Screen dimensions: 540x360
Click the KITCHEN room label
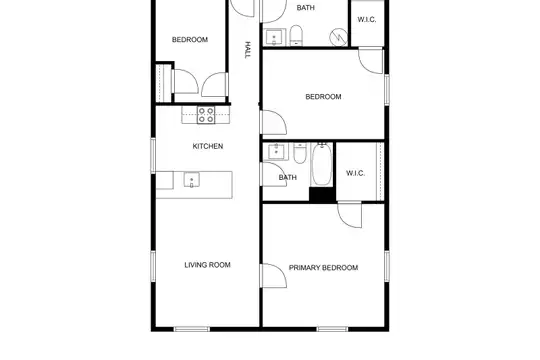208,146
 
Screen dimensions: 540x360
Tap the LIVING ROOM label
207,265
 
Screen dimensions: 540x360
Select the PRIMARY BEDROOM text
323,268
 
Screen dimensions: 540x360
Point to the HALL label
247,50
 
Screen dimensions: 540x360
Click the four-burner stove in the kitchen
206,115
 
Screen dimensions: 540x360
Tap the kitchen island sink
191,180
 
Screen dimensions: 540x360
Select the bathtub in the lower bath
322,165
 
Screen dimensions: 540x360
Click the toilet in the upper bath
296,35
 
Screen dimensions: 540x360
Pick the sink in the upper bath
274,37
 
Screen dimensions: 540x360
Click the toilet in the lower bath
300,153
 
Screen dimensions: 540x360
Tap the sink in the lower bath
276,152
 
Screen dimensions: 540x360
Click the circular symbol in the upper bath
339,37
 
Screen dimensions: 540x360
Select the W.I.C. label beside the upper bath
367,20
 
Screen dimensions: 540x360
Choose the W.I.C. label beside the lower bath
355,173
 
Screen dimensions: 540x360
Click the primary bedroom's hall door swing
274,276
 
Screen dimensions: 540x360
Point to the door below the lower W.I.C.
350,215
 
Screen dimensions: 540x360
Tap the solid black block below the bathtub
322,195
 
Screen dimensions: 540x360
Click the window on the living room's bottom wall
191,329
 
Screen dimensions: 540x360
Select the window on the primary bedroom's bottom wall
332,329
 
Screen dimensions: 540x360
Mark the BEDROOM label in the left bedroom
190,40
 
